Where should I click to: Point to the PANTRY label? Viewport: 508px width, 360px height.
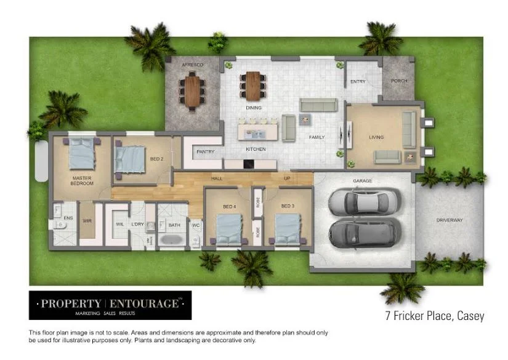(x=204, y=151)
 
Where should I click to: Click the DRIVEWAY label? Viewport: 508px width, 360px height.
(x=450, y=220)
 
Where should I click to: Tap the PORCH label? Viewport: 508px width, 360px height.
(x=399, y=81)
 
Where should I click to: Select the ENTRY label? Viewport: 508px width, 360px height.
(x=358, y=81)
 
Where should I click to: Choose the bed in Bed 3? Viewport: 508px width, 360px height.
(x=286, y=229)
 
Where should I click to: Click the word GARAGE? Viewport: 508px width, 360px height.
(x=361, y=181)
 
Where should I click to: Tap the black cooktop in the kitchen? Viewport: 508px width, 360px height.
(x=248, y=164)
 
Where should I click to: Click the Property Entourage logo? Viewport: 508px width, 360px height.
(x=110, y=305)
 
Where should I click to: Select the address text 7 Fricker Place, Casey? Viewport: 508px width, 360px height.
(x=430, y=316)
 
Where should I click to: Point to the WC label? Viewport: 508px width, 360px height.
(x=195, y=225)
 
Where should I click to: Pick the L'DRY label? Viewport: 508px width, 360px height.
(x=137, y=225)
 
